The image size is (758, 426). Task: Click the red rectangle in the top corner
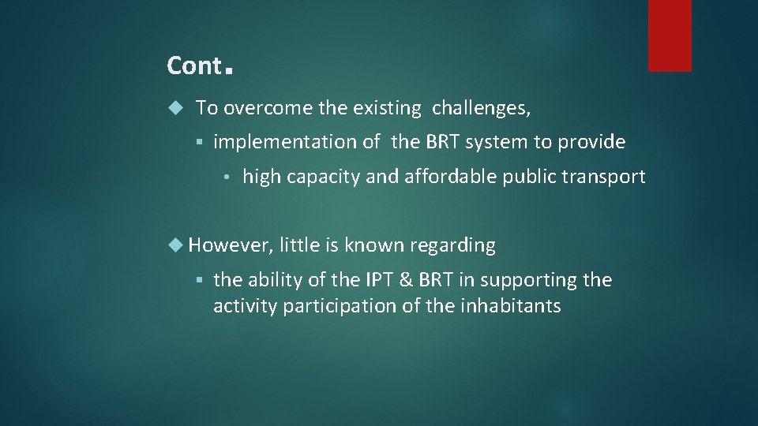click(670, 35)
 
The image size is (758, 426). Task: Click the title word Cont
click(194, 66)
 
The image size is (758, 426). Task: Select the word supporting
click(535, 281)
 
